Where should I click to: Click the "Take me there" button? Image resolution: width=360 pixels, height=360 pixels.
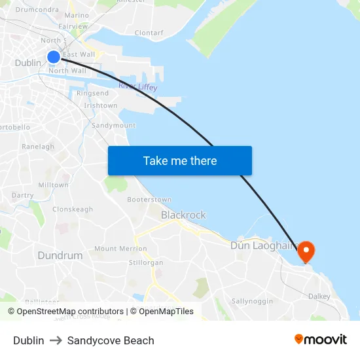(x=179, y=160)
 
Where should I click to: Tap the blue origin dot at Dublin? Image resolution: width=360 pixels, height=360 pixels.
(x=54, y=57)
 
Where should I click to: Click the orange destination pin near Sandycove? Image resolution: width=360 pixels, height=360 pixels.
(x=305, y=251)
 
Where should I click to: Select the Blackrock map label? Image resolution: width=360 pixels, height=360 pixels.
(x=183, y=215)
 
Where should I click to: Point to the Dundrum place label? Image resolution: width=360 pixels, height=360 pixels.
(x=60, y=255)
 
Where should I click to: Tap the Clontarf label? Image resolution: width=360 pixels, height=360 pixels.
(x=149, y=32)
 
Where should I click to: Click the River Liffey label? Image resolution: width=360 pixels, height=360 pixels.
(x=137, y=87)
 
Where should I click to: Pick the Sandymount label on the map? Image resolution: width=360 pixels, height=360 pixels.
(x=113, y=125)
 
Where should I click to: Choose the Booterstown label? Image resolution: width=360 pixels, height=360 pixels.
(x=149, y=200)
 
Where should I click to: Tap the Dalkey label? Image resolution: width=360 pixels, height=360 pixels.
(x=319, y=297)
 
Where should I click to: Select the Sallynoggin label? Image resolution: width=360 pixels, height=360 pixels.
(x=252, y=301)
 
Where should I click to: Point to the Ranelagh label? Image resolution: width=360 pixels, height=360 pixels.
(x=38, y=147)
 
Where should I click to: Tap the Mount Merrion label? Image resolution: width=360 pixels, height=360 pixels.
(x=120, y=249)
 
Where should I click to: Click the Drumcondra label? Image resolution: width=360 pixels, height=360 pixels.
(x=37, y=10)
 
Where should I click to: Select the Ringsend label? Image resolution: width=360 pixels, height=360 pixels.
(x=93, y=94)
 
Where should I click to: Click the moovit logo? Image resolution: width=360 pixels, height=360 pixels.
(x=321, y=340)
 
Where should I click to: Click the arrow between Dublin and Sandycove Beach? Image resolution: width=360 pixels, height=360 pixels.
(x=56, y=340)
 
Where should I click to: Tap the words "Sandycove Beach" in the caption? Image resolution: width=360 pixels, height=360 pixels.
(x=111, y=340)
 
